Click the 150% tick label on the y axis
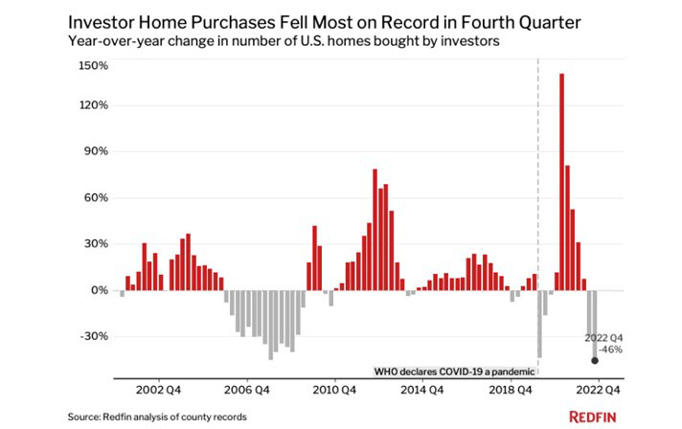click(x=94, y=65)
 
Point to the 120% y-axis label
click(x=94, y=105)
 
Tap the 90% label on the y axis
click(x=97, y=151)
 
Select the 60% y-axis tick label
click(x=97, y=198)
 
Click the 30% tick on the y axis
click(x=97, y=244)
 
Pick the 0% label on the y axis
click(x=100, y=290)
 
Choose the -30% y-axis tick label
click(x=95, y=336)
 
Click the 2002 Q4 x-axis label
click(x=155, y=390)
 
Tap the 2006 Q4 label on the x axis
click(x=245, y=390)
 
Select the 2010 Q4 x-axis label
click(x=334, y=390)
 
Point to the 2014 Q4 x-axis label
click(x=423, y=390)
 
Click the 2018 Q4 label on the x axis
click(x=512, y=390)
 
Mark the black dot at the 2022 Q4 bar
click(x=595, y=361)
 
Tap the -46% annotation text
click(x=609, y=350)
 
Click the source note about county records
click(x=157, y=417)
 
